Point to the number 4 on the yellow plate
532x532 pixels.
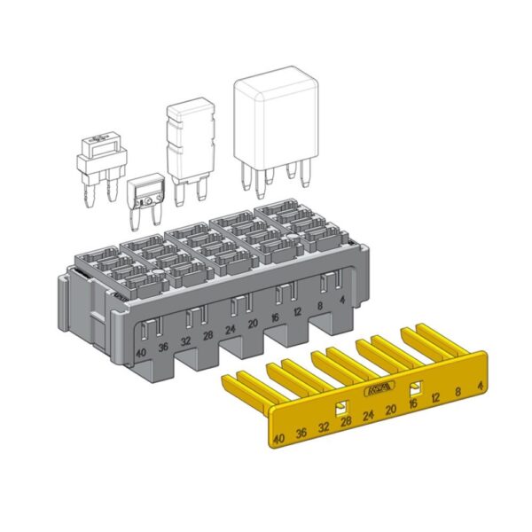pos(479,386)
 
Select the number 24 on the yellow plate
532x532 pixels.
pos(368,414)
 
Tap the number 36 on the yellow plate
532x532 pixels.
pos(302,432)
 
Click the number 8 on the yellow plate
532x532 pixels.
pos(458,391)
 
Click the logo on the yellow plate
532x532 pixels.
pos(378,390)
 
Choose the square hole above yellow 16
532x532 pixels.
pos(414,388)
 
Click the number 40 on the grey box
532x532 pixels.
pos(141,354)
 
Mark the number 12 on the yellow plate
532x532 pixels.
pos(435,396)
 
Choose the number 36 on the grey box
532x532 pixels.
pos(163,347)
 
